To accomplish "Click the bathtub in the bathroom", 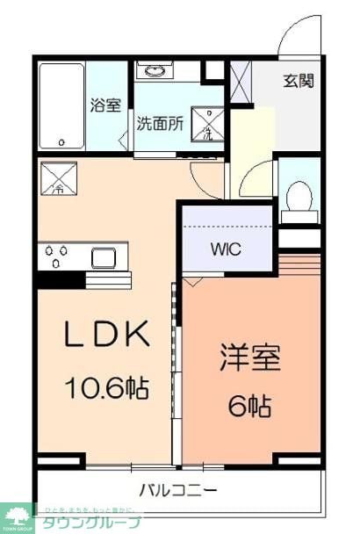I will tap(61, 105).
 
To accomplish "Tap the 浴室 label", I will tap(105, 105).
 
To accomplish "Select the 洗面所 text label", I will tap(159, 123).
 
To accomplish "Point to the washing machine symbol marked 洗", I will tap(208, 128).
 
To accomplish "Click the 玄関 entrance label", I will tap(297, 82).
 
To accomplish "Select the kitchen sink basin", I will tap(104, 256).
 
